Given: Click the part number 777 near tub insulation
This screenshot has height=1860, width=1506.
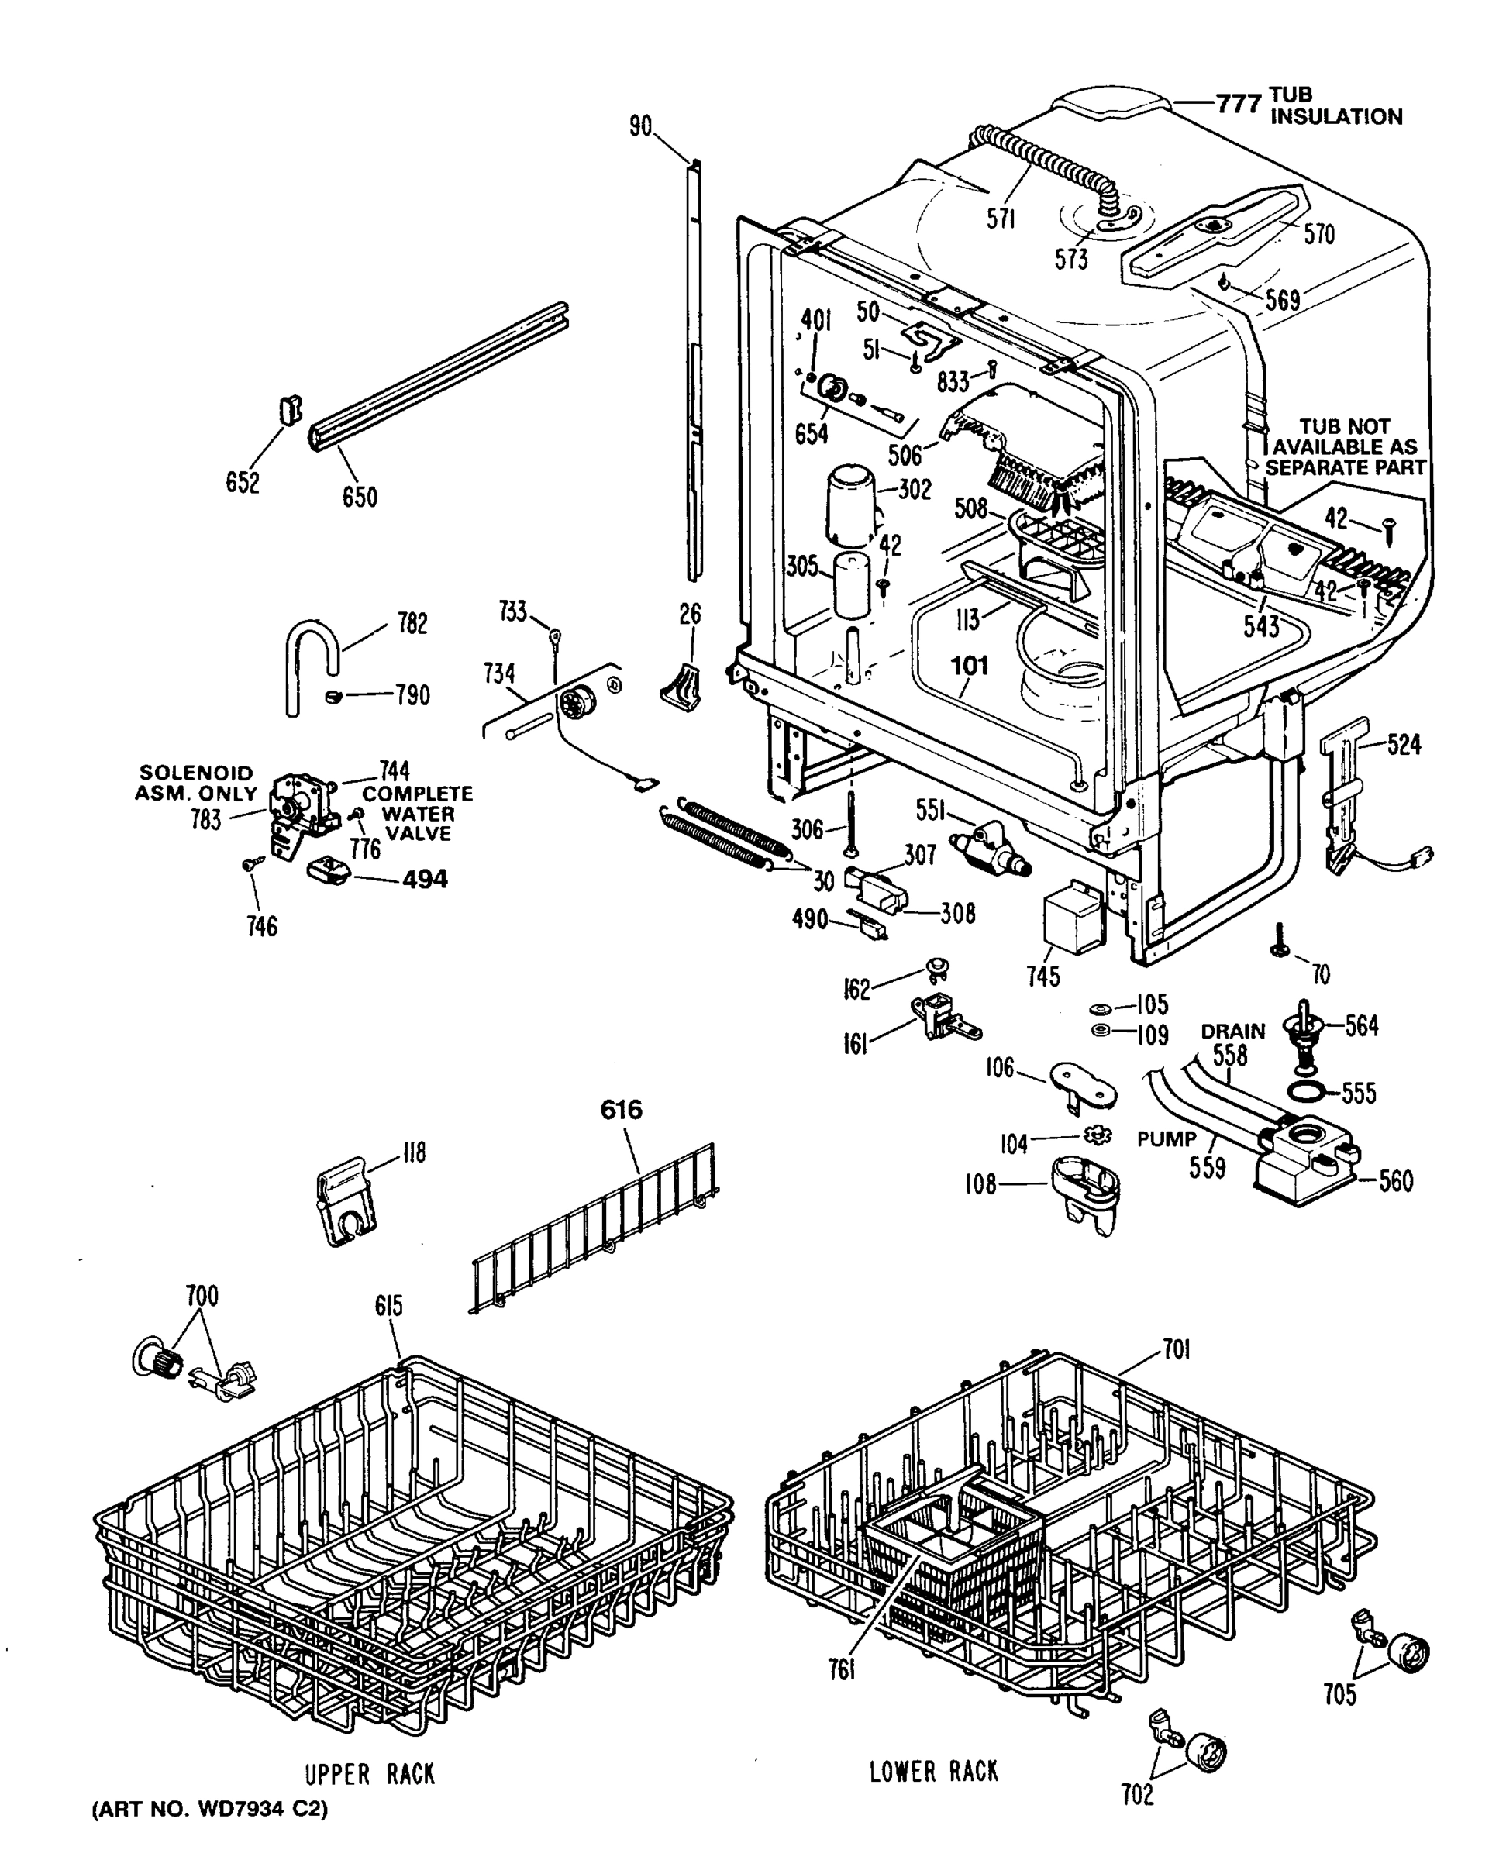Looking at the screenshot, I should point(1237,104).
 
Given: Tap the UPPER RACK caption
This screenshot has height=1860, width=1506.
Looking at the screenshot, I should point(370,1774).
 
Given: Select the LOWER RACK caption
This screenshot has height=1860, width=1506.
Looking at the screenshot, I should point(933,1771).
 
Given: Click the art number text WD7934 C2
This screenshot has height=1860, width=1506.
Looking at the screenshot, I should point(209,1809).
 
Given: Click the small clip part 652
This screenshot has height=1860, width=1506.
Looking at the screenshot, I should point(290,409).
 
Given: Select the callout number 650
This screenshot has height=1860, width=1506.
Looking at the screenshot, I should point(359,497).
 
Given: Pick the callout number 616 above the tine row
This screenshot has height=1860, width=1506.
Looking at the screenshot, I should point(622,1110).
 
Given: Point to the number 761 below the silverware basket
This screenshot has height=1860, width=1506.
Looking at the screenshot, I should point(842,1669).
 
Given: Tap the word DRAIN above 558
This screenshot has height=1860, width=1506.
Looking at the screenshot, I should point(1232,1032).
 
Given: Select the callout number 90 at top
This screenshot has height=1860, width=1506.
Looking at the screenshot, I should point(640,126).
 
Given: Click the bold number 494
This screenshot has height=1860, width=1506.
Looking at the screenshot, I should point(424,879).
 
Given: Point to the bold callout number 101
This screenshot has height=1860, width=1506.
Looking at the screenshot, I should point(969,666).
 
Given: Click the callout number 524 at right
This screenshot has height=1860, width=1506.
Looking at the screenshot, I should point(1403,744).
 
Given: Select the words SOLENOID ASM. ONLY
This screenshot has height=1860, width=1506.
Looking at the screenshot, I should point(197,783).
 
